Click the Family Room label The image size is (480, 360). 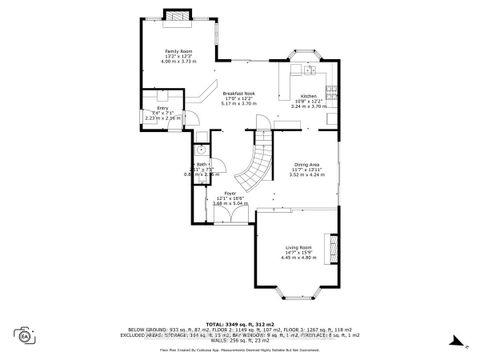(178, 51)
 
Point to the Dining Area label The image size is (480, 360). (306, 164)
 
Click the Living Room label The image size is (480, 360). (299, 246)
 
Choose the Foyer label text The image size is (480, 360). (230, 192)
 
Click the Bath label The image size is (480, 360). (201, 165)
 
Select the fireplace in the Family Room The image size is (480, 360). (176, 16)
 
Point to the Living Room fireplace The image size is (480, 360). (335, 246)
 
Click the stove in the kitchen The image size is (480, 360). (310, 70)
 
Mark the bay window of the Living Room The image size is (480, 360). (299, 294)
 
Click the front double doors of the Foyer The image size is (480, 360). (233, 236)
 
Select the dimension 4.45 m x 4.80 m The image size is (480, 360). (299, 258)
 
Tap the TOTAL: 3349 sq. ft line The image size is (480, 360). (240, 324)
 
